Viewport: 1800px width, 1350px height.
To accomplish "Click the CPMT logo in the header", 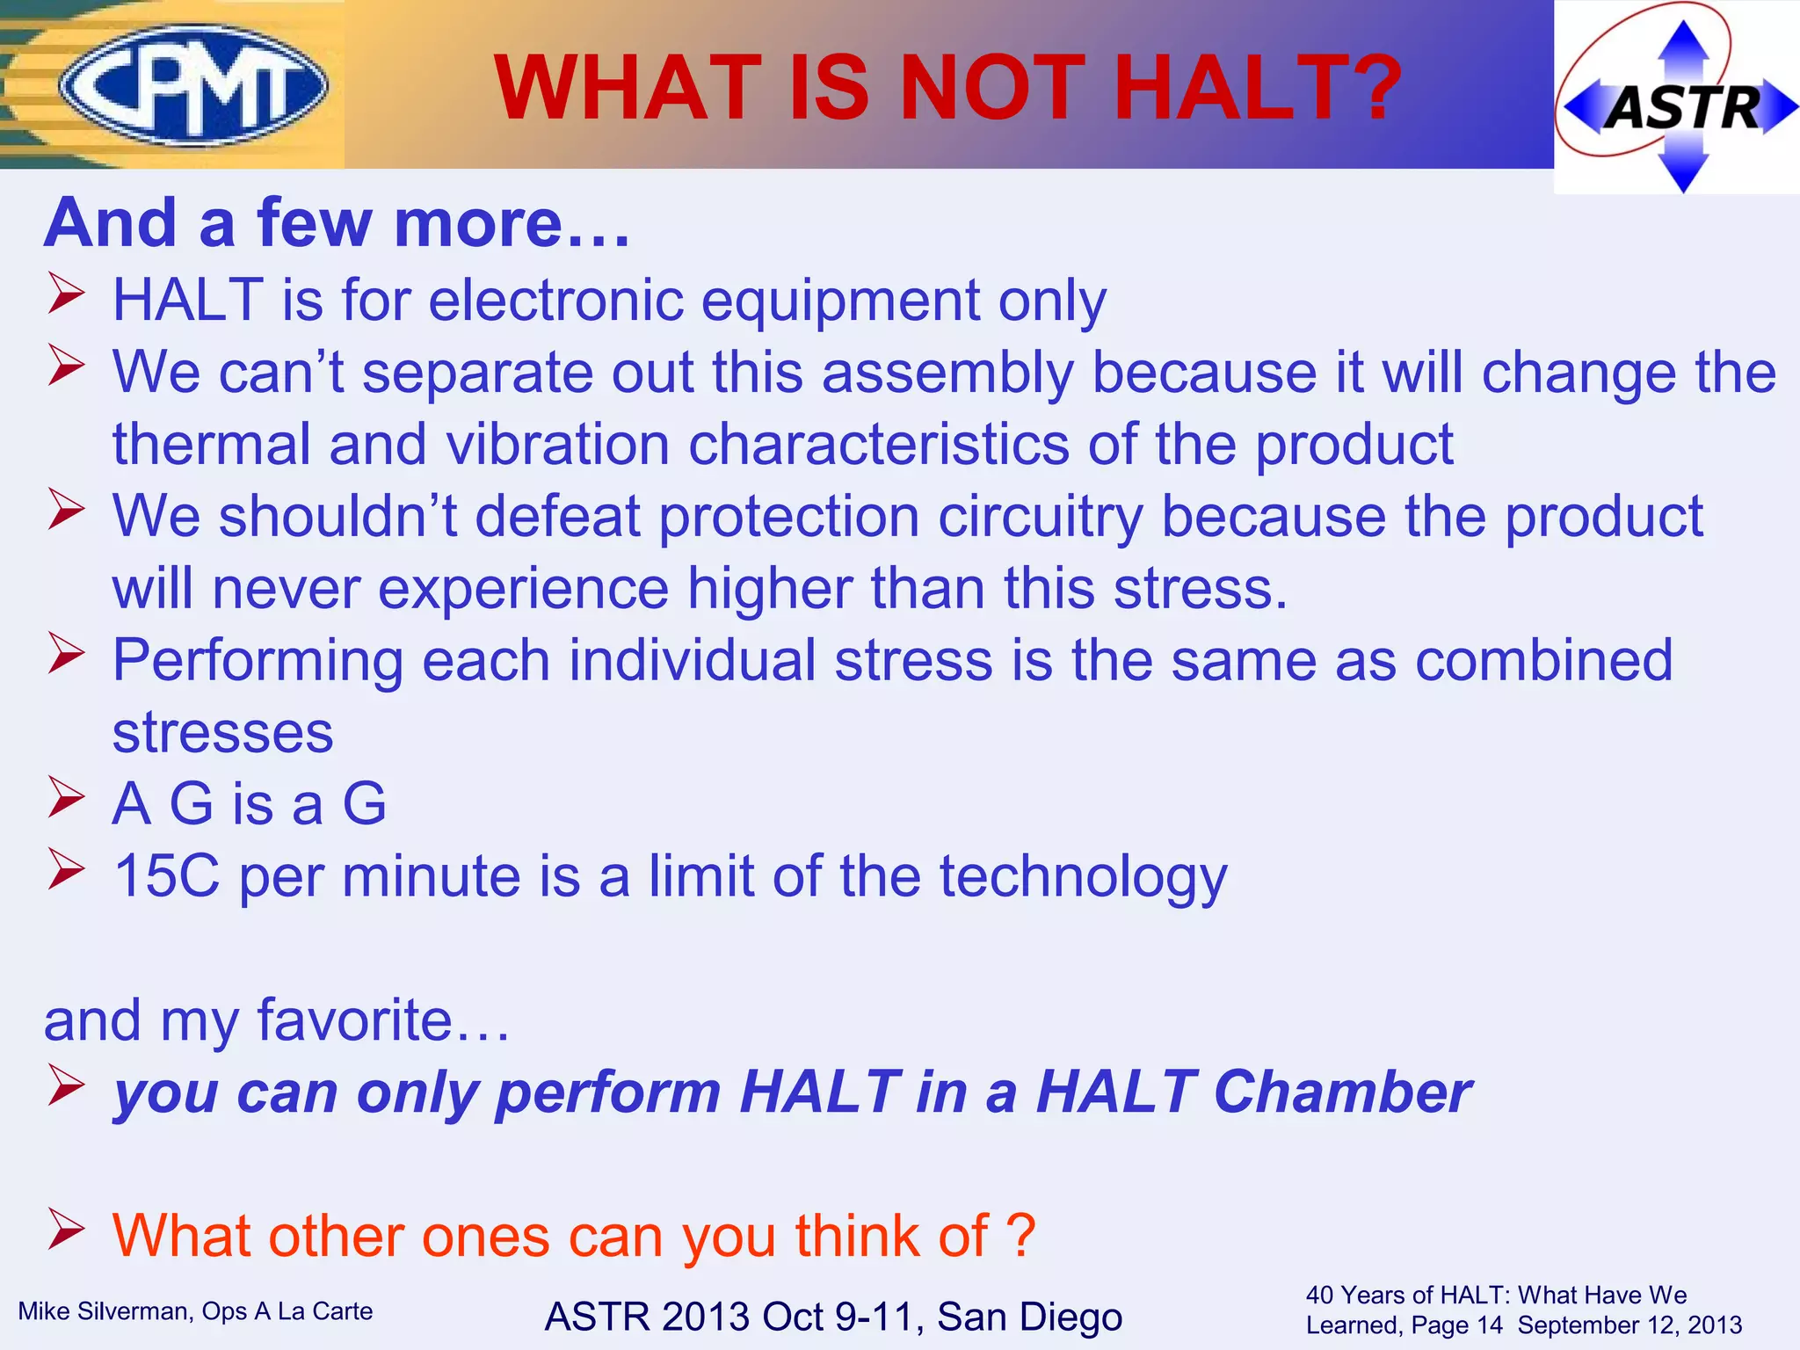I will coord(193,85).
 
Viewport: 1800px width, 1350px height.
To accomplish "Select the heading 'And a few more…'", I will coord(337,223).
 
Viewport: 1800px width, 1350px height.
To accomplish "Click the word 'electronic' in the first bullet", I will coord(555,301).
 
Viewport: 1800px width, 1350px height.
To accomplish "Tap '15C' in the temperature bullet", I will coord(167,876).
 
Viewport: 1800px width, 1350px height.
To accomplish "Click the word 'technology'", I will coord(1083,877).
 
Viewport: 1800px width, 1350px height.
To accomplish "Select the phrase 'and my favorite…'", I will coord(277,1020).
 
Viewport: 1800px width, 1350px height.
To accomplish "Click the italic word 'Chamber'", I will coord(1342,1092).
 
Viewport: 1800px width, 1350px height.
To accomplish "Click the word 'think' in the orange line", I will coord(857,1236).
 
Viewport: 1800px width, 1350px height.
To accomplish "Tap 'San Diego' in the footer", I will coord(1029,1317).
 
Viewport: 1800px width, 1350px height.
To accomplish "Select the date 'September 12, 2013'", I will coord(1629,1325).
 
